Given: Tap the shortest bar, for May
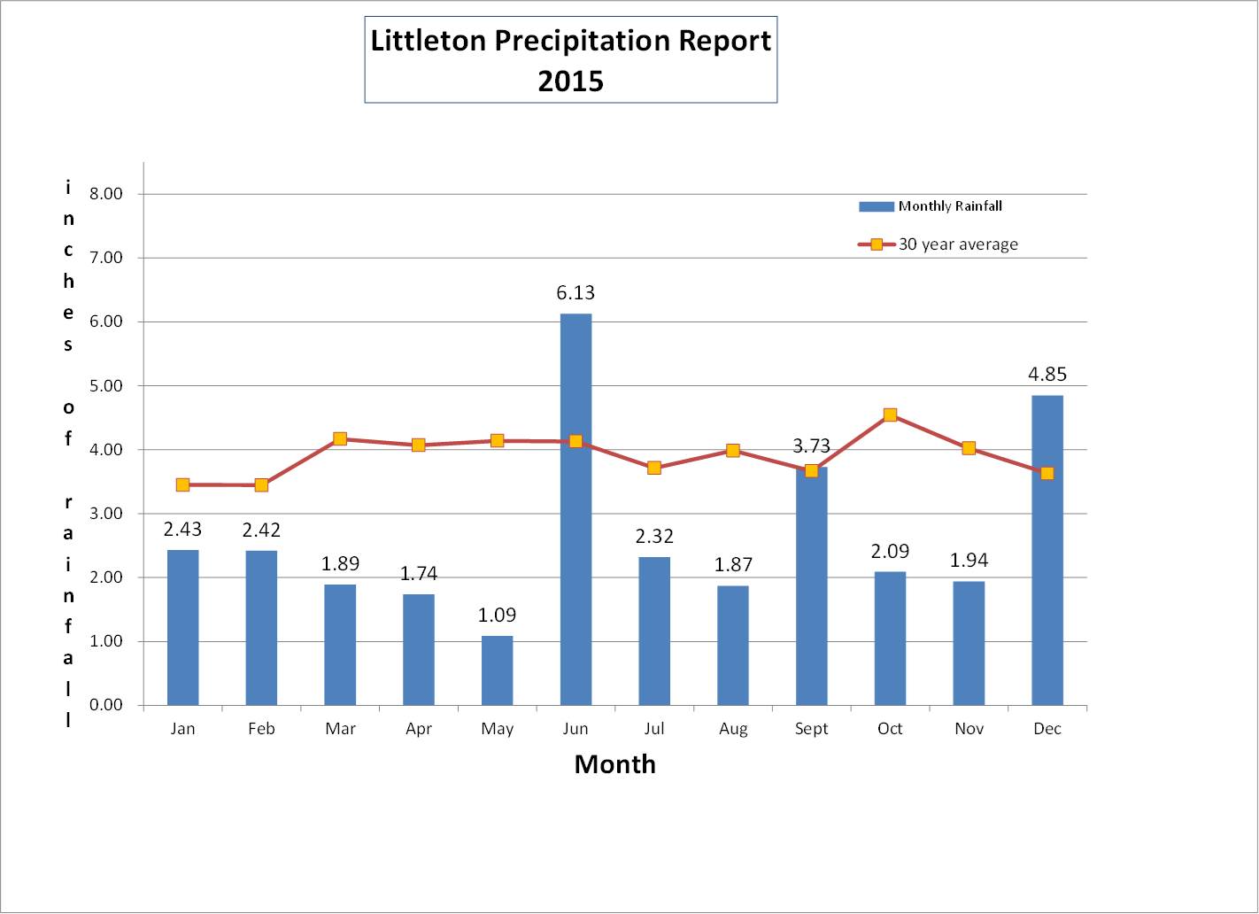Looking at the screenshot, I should pyautogui.click(x=497, y=670).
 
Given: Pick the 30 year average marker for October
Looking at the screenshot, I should pyautogui.click(x=890, y=415).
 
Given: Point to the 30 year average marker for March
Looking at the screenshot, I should pyautogui.click(x=340, y=439).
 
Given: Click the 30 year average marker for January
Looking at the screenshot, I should pyautogui.click(x=182, y=484).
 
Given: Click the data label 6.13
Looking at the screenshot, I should pyautogui.click(x=575, y=293).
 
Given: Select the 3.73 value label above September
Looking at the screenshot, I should pyautogui.click(x=811, y=446).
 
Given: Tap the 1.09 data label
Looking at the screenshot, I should pyautogui.click(x=497, y=616).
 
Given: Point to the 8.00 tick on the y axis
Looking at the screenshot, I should pyautogui.click(x=106, y=194).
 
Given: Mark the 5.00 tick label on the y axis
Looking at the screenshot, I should pyautogui.click(x=106, y=386).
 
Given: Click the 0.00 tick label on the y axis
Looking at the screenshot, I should pyautogui.click(x=106, y=705).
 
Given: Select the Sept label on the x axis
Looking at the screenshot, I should pyautogui.click(x=811, y=729).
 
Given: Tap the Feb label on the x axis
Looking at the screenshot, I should pyautogui.click(x=261, y=729).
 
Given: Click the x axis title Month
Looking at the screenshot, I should pyautogui.click(x=614, y=764).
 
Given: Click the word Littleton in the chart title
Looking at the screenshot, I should pyautogui.click(x=428, y=41).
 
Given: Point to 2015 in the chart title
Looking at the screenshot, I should pyautogui.click(x=570, y=81).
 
